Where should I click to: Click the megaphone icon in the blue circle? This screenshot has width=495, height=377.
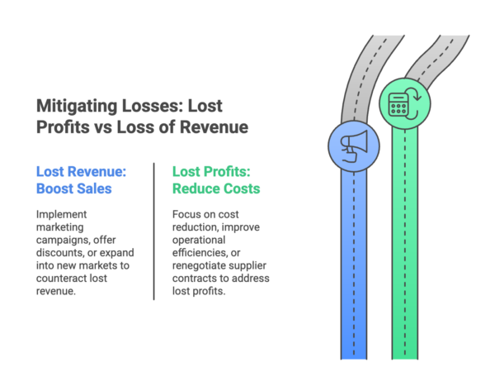352,146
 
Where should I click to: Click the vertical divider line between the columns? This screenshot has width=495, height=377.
155,231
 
